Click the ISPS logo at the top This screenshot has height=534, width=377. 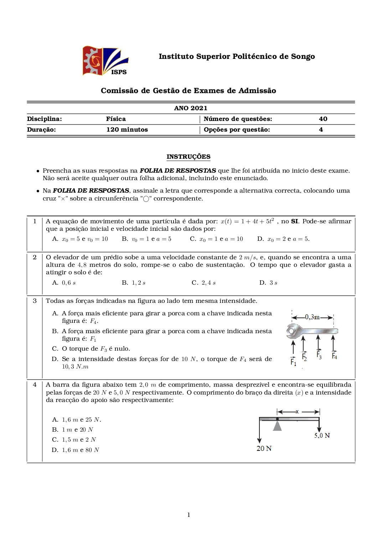105,61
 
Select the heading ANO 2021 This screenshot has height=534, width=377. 191,108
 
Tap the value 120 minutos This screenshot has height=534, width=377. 127,129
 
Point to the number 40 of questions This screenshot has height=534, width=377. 323,119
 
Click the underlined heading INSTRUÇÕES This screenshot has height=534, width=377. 188,157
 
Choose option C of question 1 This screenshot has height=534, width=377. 216,239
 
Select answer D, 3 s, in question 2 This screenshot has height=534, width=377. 268,283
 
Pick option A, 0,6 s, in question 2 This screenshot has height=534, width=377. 64,283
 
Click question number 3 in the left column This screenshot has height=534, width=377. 35,301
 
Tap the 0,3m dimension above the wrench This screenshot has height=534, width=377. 312,317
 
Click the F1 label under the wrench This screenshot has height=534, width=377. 293,362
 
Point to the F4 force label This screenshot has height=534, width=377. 334,356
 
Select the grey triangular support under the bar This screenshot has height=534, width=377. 277,426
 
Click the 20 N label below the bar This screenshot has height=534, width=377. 264,448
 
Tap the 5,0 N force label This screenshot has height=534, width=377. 322,436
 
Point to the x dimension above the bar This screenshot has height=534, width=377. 297,412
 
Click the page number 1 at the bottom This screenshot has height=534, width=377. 188,515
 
